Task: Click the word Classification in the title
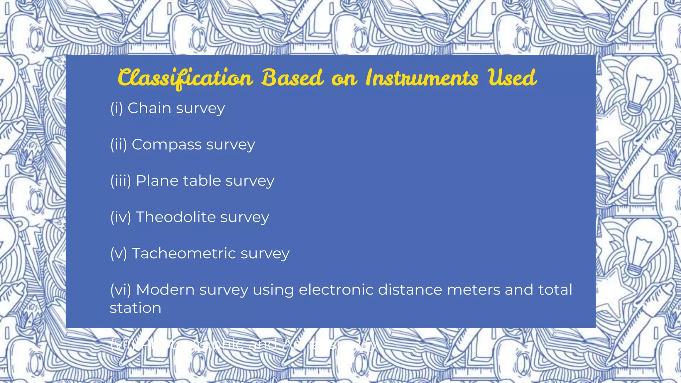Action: point(185,78)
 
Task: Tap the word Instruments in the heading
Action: point(422,78)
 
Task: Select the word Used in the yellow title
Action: point(512,78)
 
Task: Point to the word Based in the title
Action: point(292,78)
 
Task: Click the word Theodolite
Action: point(176,217)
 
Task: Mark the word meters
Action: point(474,290)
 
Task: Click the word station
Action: point(135,308)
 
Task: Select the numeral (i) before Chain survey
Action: point(116,108)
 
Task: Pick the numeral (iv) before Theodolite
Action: point(120,217)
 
